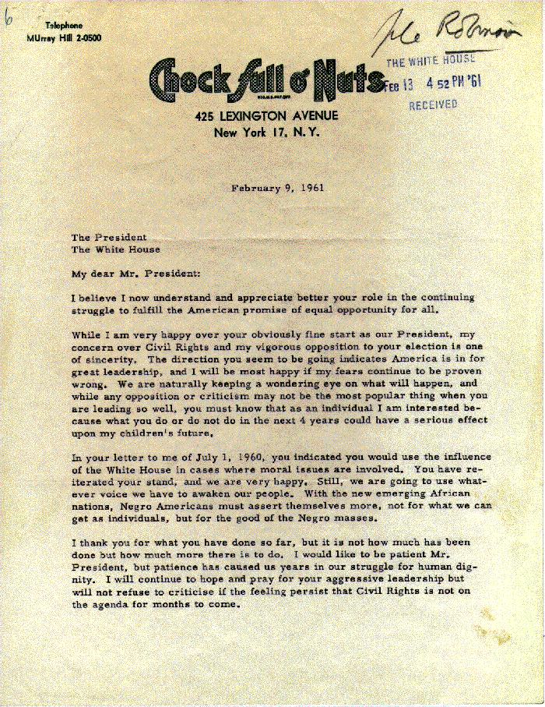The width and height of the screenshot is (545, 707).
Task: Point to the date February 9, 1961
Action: click(277, 187)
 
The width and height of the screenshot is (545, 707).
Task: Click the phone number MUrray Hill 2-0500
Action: click(63, 37)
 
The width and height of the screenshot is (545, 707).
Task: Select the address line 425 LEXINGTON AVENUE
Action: click(267, 117)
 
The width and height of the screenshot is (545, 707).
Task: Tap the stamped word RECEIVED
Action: click(433, 104)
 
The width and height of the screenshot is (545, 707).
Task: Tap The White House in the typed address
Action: click(116, 249)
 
